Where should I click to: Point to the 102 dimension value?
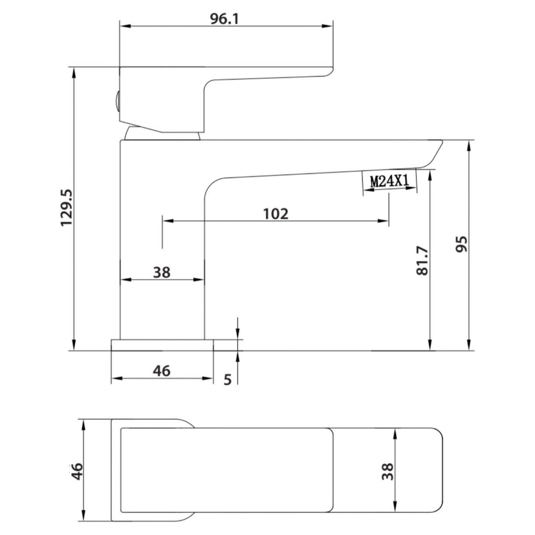click(276, 214)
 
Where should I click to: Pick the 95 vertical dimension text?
click(462, 244)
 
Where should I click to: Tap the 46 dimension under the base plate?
click(161, 371)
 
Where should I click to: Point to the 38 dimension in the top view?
click(387, 472)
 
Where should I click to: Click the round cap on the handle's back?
click(116, 102)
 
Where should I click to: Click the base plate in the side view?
click(162, 344)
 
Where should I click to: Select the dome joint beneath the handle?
click(162, 135)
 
